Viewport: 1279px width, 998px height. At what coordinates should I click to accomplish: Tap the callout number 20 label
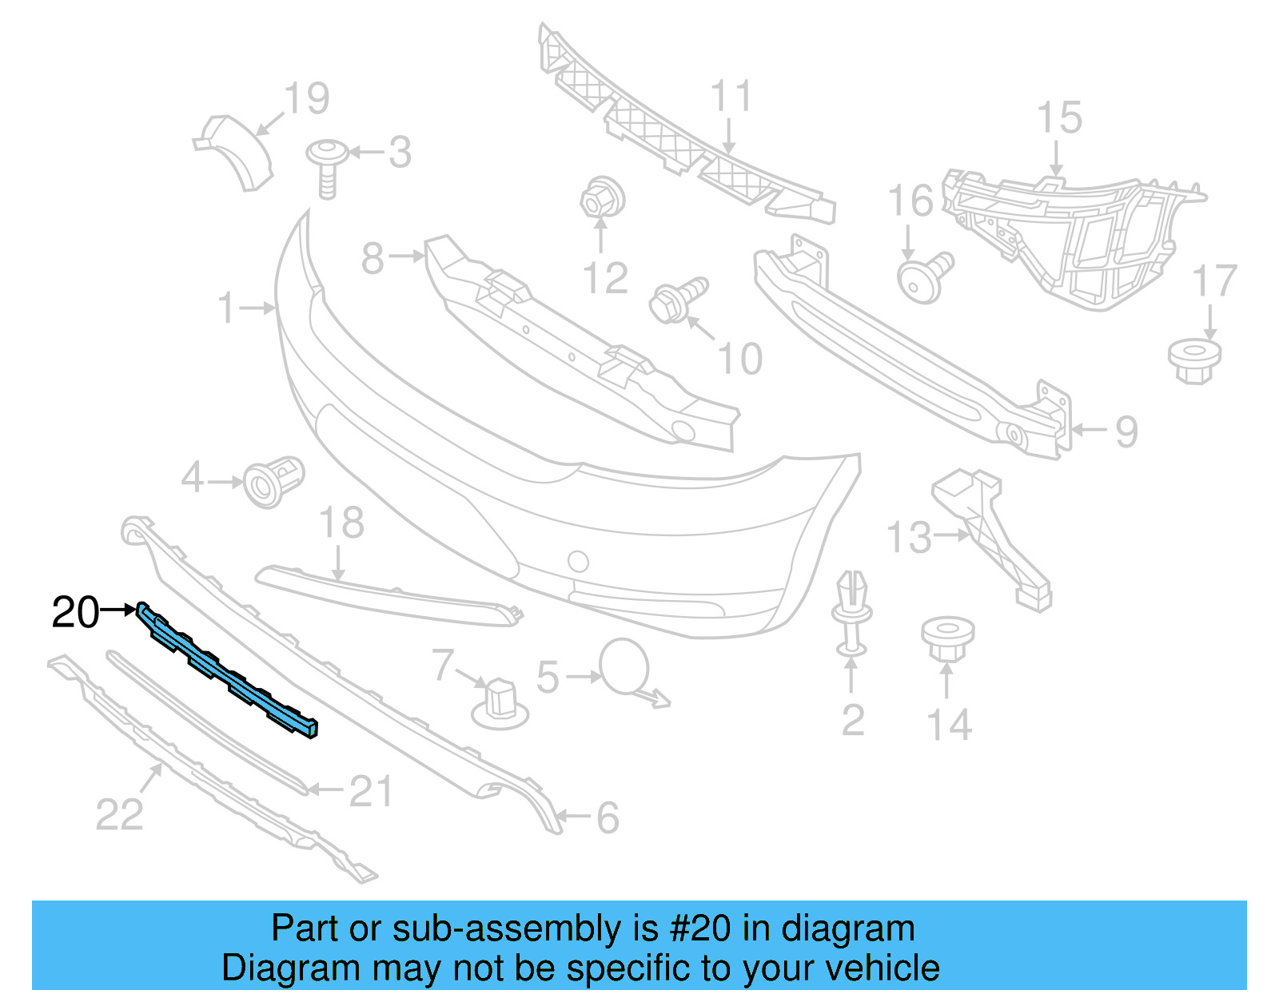75,613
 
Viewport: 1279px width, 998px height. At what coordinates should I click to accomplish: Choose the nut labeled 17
1194,361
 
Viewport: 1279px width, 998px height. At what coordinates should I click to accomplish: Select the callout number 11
731,97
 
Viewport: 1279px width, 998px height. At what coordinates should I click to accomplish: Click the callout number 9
1126,432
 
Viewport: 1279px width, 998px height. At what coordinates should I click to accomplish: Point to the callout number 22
119,815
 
